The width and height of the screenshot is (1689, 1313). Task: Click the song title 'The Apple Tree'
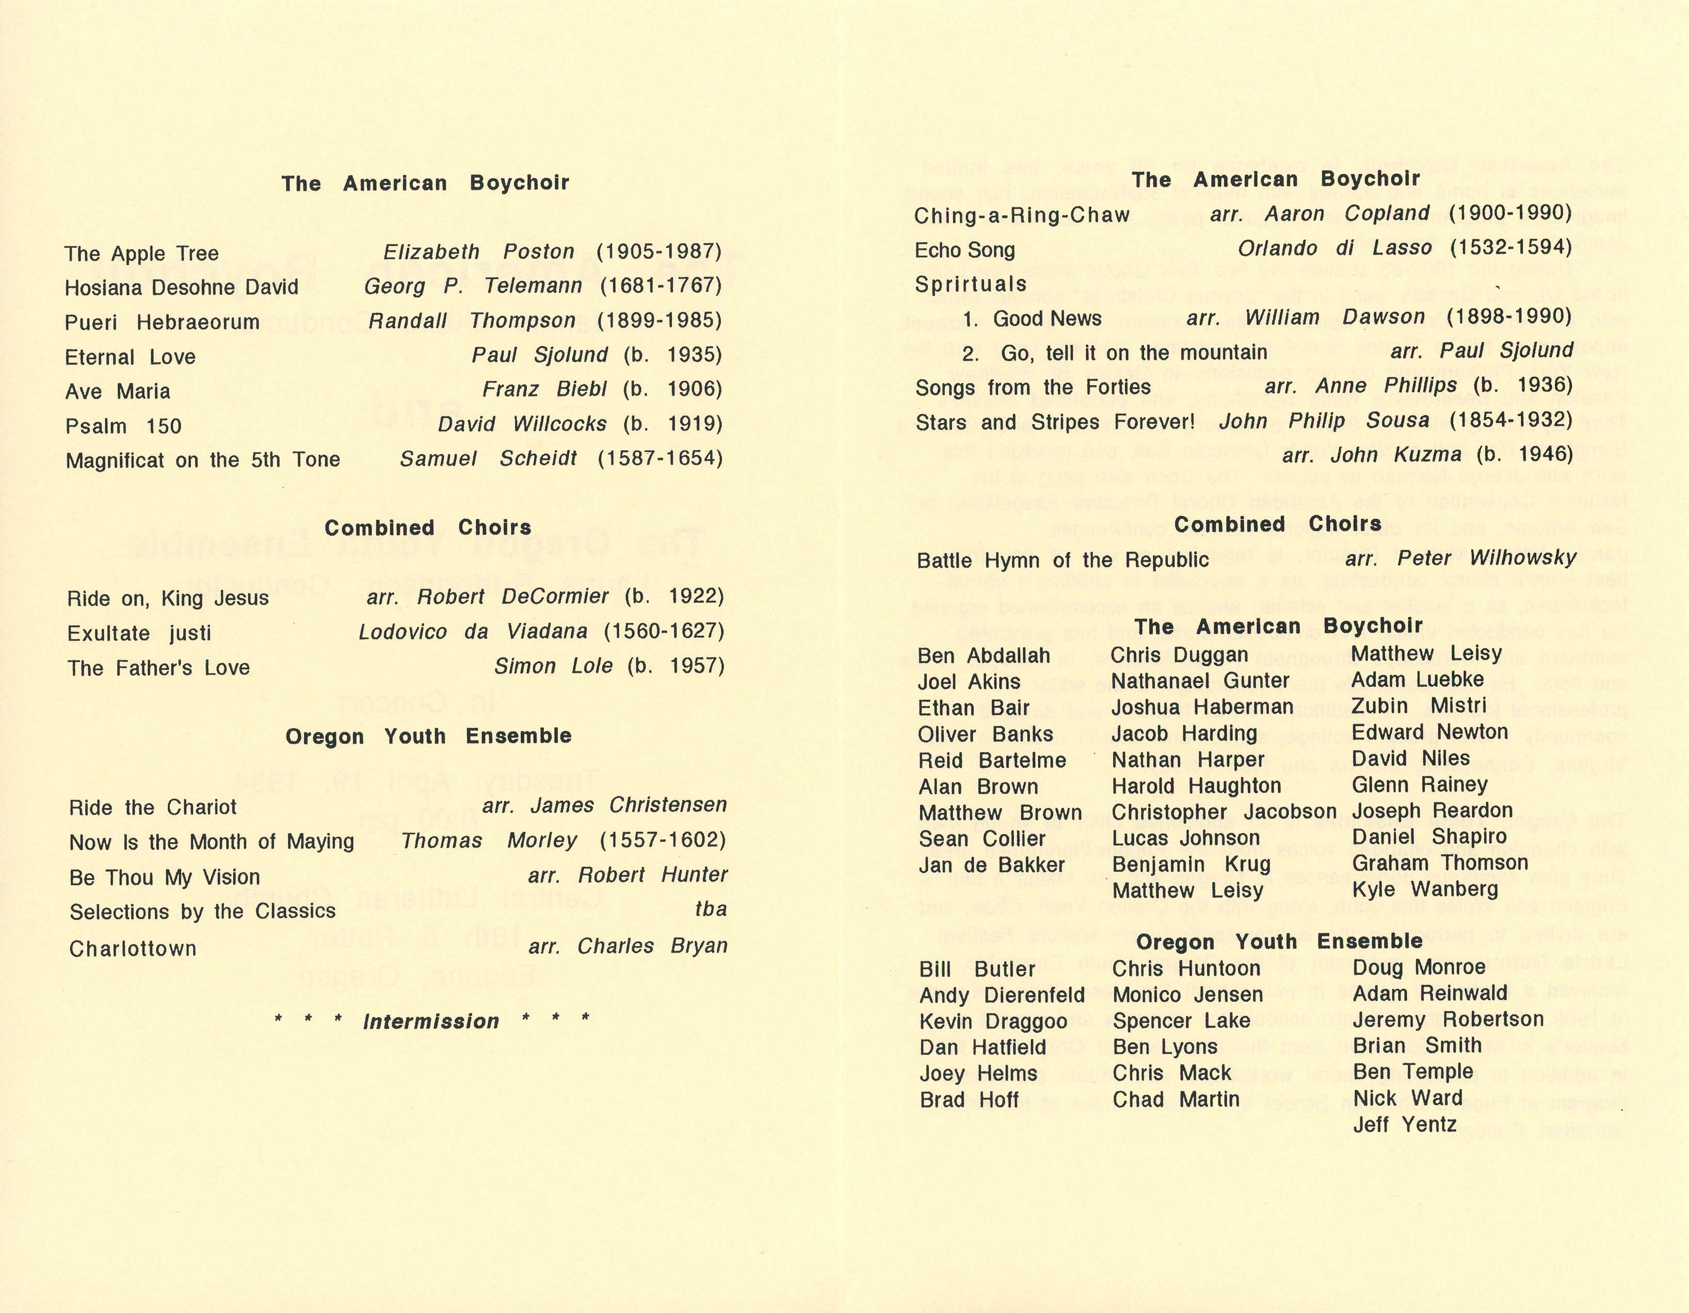(x=141, y=253)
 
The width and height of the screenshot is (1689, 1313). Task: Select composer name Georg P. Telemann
(x=473, y=286)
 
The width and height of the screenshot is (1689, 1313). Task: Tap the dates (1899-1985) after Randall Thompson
(x=659, y=320)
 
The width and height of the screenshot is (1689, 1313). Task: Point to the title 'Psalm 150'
(x=124, y=426)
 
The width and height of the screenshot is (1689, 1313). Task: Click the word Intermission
(x=431, y=1021)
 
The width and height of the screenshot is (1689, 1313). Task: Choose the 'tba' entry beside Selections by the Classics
(x=711, y=909)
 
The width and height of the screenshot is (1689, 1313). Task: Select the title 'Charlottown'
(x=133, y=948)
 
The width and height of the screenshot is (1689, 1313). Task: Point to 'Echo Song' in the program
(x=964, y=250)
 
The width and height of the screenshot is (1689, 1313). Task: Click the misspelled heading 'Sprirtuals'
(x=971, y=284)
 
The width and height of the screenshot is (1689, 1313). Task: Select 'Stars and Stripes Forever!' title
(x=1055, y=422)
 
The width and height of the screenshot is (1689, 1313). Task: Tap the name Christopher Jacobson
(x=1224, y=812)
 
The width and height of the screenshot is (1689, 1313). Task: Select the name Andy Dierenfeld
(x=1002, y=995)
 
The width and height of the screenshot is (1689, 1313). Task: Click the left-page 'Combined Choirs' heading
(x=428, y=527)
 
